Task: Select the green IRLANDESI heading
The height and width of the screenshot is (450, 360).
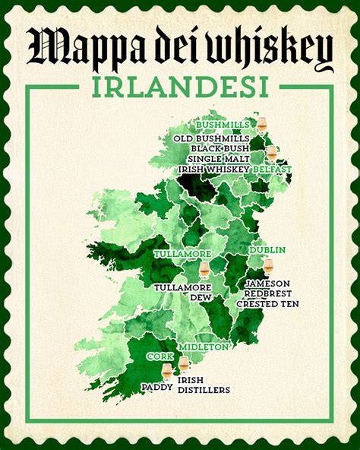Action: [x=180, y=87]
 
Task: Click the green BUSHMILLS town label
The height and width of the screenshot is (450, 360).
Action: [x=225, y=124]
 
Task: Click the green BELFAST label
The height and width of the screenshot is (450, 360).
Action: [x=271, y=169]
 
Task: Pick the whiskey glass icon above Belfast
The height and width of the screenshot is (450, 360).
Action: [x=271, y=153]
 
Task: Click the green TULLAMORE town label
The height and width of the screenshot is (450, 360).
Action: [x=181, y=253]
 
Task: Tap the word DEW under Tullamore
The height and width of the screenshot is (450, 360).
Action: [x=201, y=298]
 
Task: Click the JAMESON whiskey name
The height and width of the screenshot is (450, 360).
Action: [x=267, y=284]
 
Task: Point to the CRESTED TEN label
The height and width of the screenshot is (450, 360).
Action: [x=267, y=303]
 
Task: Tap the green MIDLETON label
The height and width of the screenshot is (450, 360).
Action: [x=203, y=347]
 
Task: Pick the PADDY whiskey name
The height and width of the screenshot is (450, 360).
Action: [x=156, y=386]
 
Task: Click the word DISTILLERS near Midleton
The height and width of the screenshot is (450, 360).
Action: [x=203, y=390]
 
